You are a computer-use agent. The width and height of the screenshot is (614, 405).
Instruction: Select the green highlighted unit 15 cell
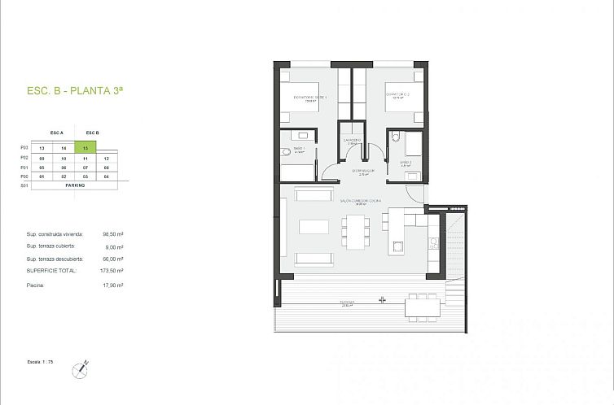86,148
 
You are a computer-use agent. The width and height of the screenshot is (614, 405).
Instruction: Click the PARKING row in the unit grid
75,185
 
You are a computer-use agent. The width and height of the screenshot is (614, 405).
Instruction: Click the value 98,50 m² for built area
113,234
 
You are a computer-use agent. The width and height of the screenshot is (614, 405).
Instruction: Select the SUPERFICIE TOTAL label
51,270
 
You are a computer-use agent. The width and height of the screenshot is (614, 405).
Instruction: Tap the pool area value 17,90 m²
113,285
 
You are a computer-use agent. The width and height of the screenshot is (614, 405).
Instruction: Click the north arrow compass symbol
81,368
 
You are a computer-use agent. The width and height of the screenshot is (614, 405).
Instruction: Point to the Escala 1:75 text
37,359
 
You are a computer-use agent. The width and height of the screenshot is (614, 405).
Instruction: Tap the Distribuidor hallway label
363,172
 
